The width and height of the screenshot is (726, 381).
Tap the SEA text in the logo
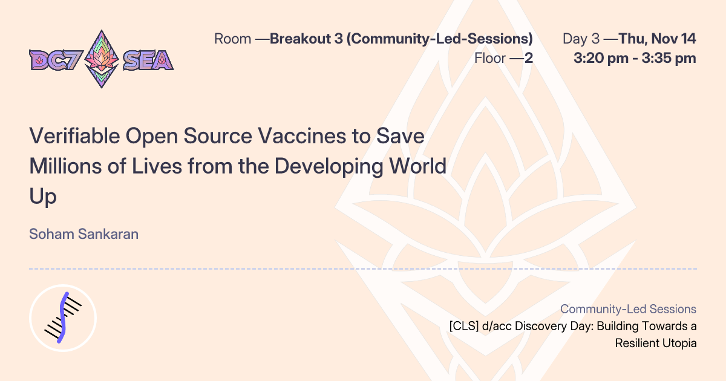(148, 60)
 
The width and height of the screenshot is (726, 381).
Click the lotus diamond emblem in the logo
(101, 59)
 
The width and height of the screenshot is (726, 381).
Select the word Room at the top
(232, 39)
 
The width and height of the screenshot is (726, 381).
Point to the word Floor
(494, 59)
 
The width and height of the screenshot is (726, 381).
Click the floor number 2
(528, 59)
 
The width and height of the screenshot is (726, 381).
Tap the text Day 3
(581, 39)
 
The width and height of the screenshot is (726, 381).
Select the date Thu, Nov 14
(657, 39)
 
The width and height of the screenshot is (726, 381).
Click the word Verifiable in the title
(74, 136)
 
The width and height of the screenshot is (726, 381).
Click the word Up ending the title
(42, 196)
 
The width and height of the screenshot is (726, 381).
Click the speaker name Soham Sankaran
(83, 234)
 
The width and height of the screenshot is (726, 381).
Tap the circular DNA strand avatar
(63, 317)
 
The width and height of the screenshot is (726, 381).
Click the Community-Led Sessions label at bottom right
(628, 309)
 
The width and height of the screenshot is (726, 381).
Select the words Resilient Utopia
(656, 344)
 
